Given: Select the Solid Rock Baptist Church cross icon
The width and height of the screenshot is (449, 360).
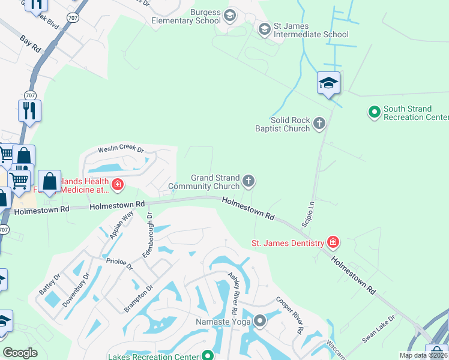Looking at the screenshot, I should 319,124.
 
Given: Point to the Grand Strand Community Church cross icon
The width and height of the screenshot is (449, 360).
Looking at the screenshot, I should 249,181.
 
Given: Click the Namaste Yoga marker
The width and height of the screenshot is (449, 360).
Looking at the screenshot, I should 260,322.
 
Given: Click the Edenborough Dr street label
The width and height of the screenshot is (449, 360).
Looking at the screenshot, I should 148,235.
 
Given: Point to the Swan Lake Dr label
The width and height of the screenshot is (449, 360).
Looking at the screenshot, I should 378,328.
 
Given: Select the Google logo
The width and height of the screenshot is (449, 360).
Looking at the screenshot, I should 20,353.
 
